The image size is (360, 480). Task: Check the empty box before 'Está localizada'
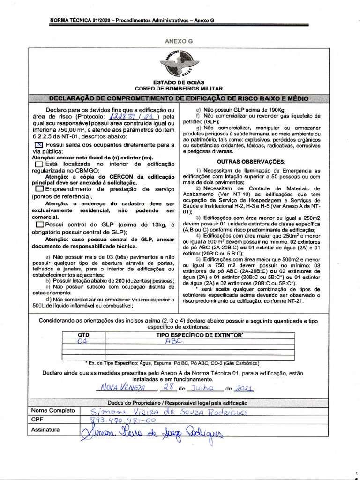click(39, 165)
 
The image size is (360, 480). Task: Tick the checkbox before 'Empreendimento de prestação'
click(39, 188)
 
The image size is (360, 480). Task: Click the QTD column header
click(82, 336)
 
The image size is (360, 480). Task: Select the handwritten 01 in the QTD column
click(82, 342)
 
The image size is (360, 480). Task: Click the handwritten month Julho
click(202, 388)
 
